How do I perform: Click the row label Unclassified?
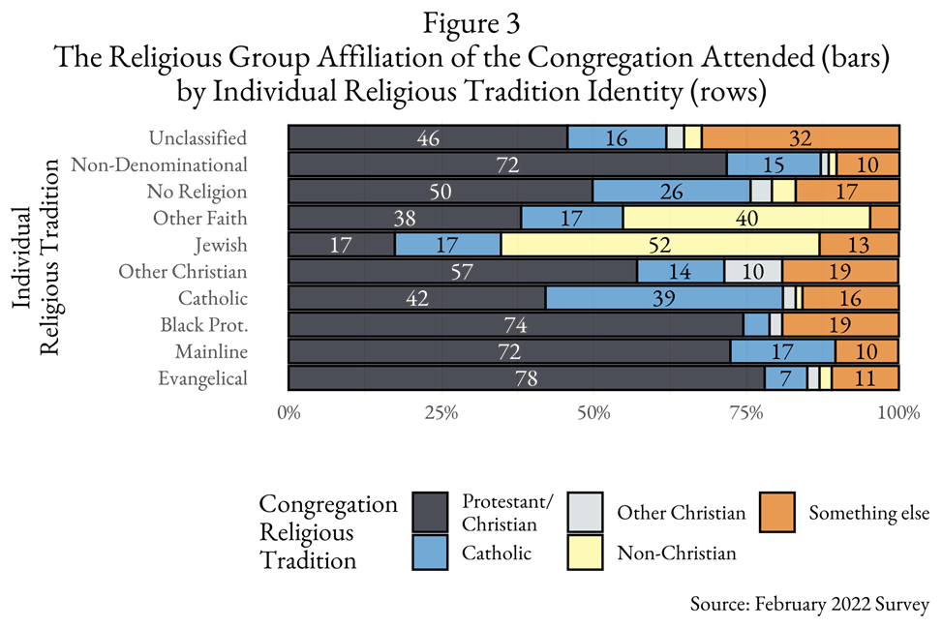coord(198,137)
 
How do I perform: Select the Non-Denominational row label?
coord(159,164)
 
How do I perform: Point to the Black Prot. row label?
coord(203,325)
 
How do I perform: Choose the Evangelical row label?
coord(202,378)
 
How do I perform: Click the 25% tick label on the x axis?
coord(441,414)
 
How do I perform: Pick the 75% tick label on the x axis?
coord(745,414)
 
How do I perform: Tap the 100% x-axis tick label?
coord(897,414)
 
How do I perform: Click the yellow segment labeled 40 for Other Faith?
coord(745,218)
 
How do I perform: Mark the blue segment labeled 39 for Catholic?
coord(664,298)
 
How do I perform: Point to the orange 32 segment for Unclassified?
coord(800,137)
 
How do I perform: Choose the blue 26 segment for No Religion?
coord(672,192)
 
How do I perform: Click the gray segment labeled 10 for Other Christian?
coord(753,272)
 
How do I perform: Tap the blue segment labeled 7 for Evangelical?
coord(785,378)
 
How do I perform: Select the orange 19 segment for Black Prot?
coord(840,325)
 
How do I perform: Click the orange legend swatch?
coord(776,512)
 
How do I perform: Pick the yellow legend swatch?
coord(585,553)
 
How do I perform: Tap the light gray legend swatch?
coord(585,512)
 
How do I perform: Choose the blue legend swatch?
coord(430,553)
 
